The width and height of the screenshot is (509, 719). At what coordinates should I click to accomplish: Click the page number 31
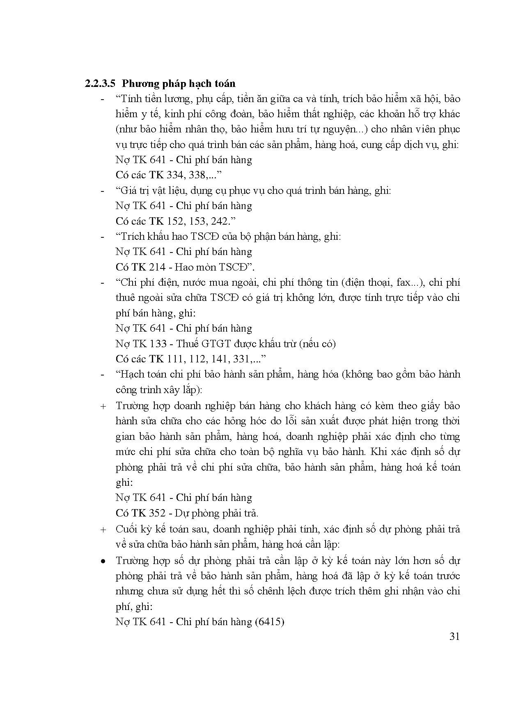tap(454, 636)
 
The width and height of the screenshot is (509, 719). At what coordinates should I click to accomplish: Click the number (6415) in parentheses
tap(269, 621)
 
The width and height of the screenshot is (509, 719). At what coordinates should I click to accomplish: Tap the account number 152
tap(176, 221)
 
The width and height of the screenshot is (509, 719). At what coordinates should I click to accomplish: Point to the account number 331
tap(243, 359)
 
